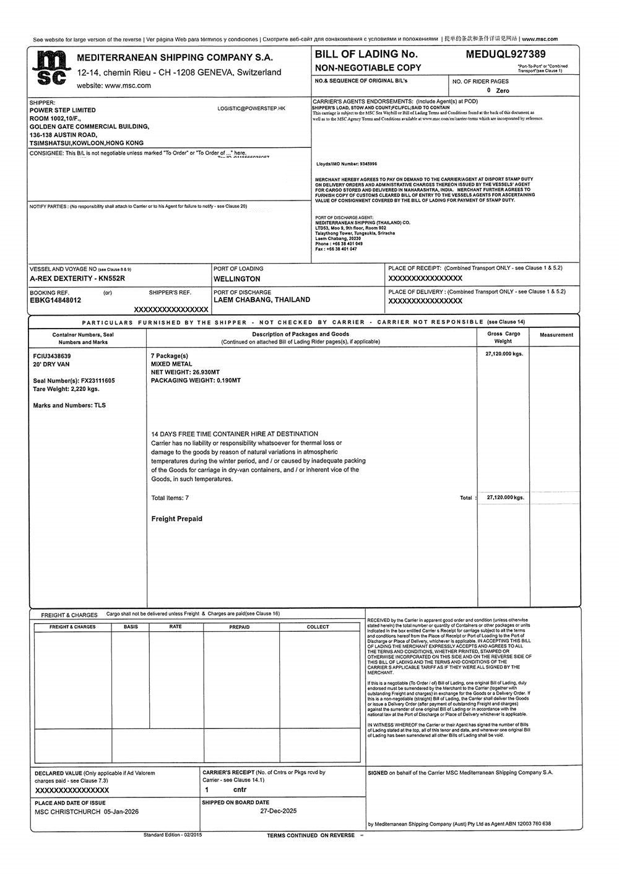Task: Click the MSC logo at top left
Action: point(49,68)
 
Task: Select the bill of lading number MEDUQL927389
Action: point(505,54)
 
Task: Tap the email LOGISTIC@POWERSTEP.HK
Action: point(251,108)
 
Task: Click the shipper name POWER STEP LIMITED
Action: point(63,110)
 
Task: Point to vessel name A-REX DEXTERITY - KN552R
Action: point(77,278)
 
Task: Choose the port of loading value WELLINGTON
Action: point(236,279)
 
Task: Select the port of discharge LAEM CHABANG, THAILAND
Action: point(262,300)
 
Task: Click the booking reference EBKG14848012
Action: point(55,300)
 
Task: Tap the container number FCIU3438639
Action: point(52,356)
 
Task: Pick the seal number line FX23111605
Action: point(74,381)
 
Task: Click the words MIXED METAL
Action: point(171,364)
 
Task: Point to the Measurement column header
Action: point(556,335)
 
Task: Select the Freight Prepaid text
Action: point(176,519)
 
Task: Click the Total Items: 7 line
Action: point(170,498)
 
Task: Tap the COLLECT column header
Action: point(318,627)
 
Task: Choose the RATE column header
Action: point(175,627)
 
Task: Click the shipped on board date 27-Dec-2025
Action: point(279,811)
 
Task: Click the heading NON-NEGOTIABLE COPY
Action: point(368,67)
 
